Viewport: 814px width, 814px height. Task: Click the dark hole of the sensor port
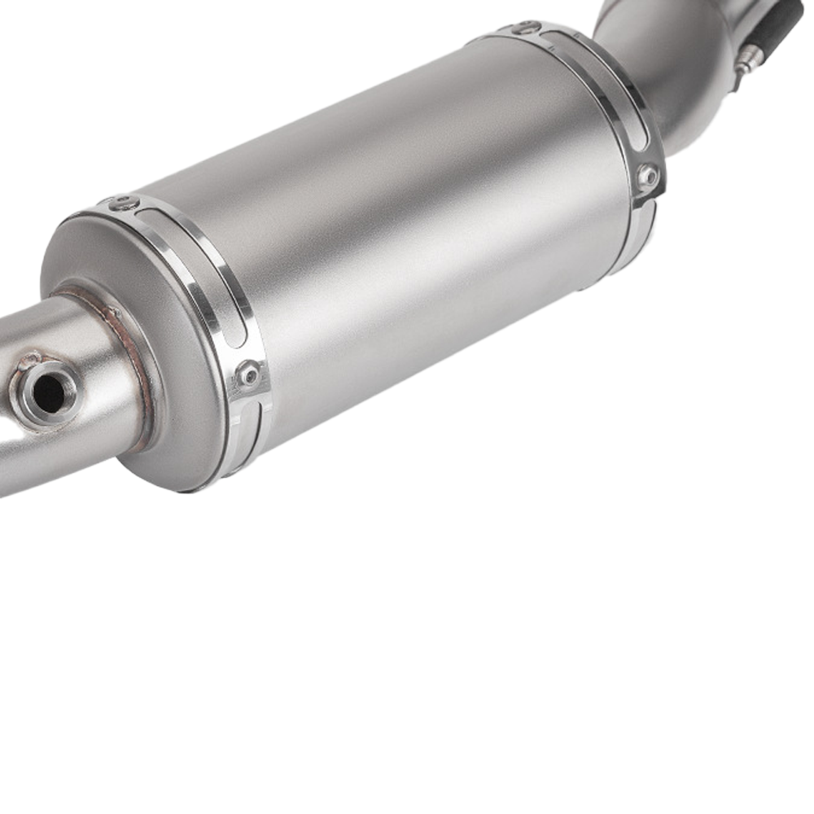[x=48, y=394]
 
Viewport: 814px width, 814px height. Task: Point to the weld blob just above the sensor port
[x=31, y=359]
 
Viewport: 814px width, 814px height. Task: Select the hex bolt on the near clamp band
[x=248, y=375]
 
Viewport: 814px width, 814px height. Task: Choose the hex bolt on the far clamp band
[x=648, y=175]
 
